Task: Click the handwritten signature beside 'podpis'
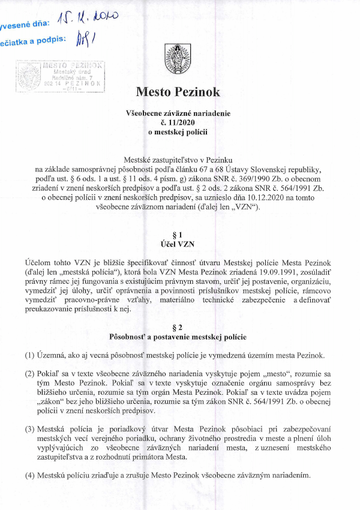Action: click(87, 41)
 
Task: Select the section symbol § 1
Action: click(178, 235)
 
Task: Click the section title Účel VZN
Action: click(178, 244)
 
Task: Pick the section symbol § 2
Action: click(178, 327)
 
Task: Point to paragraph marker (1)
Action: click(29, 355)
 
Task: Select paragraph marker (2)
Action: click(29, 373)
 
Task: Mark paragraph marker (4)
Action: click(29, 476)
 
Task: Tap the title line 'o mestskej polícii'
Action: click(178, 132)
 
